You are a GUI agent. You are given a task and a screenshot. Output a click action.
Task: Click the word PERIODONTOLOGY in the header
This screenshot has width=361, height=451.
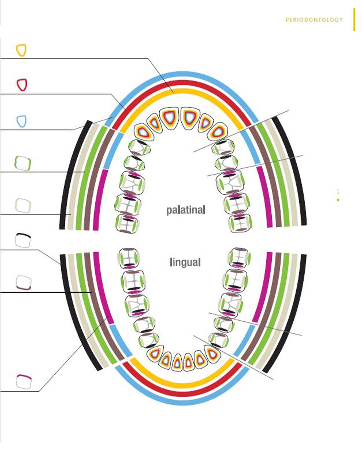[x=314, y=20]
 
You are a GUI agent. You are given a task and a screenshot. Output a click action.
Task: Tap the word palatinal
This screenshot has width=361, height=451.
[x=186, y=210]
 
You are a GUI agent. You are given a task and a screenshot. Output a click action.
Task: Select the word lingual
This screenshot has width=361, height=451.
[x=185, y=262]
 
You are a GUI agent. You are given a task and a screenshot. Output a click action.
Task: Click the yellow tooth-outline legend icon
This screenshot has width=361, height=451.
[x=21, y=50]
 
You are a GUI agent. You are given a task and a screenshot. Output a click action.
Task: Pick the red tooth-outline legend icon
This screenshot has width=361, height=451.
[x=22, y=85]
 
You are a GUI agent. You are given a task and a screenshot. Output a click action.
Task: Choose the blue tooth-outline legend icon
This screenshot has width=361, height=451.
[x=21, y=121]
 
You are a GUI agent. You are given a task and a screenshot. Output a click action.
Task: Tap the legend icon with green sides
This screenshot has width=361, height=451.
[x=23, y=163]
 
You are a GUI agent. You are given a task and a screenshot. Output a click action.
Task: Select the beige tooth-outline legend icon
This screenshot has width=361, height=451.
[x=23, y=205]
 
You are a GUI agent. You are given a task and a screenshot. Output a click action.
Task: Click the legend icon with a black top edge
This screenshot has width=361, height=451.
[x=23, y=240]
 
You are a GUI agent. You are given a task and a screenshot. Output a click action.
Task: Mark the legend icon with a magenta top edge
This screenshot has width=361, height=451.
[x=23, y=382]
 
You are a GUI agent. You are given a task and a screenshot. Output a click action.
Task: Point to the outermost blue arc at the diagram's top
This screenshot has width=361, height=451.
[x=185, y=74]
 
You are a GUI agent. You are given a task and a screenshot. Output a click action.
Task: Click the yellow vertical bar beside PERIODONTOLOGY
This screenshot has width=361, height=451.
[x=354, y=19]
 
